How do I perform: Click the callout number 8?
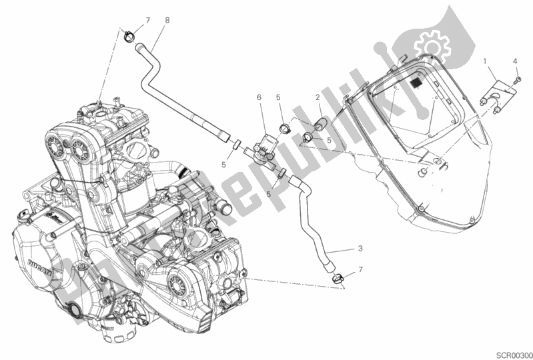tap(167, 20)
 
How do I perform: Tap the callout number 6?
tap(258, 97)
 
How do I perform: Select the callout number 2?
tap(319, 97)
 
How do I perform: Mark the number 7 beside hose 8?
tap(130, 21)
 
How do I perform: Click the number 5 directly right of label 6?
tap(279, 97)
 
